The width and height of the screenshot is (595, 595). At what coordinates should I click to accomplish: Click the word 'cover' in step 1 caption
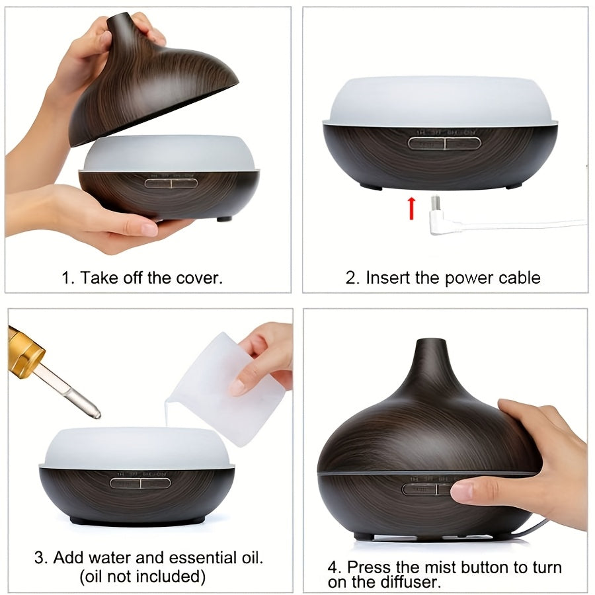197,278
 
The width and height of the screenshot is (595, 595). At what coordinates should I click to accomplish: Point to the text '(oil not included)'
142,576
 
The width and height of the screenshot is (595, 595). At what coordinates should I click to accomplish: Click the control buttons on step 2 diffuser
444,142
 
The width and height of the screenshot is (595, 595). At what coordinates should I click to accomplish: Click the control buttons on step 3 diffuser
140,483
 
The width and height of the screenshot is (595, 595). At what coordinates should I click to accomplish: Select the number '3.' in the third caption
41,557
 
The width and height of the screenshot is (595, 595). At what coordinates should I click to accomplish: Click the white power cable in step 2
522,225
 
